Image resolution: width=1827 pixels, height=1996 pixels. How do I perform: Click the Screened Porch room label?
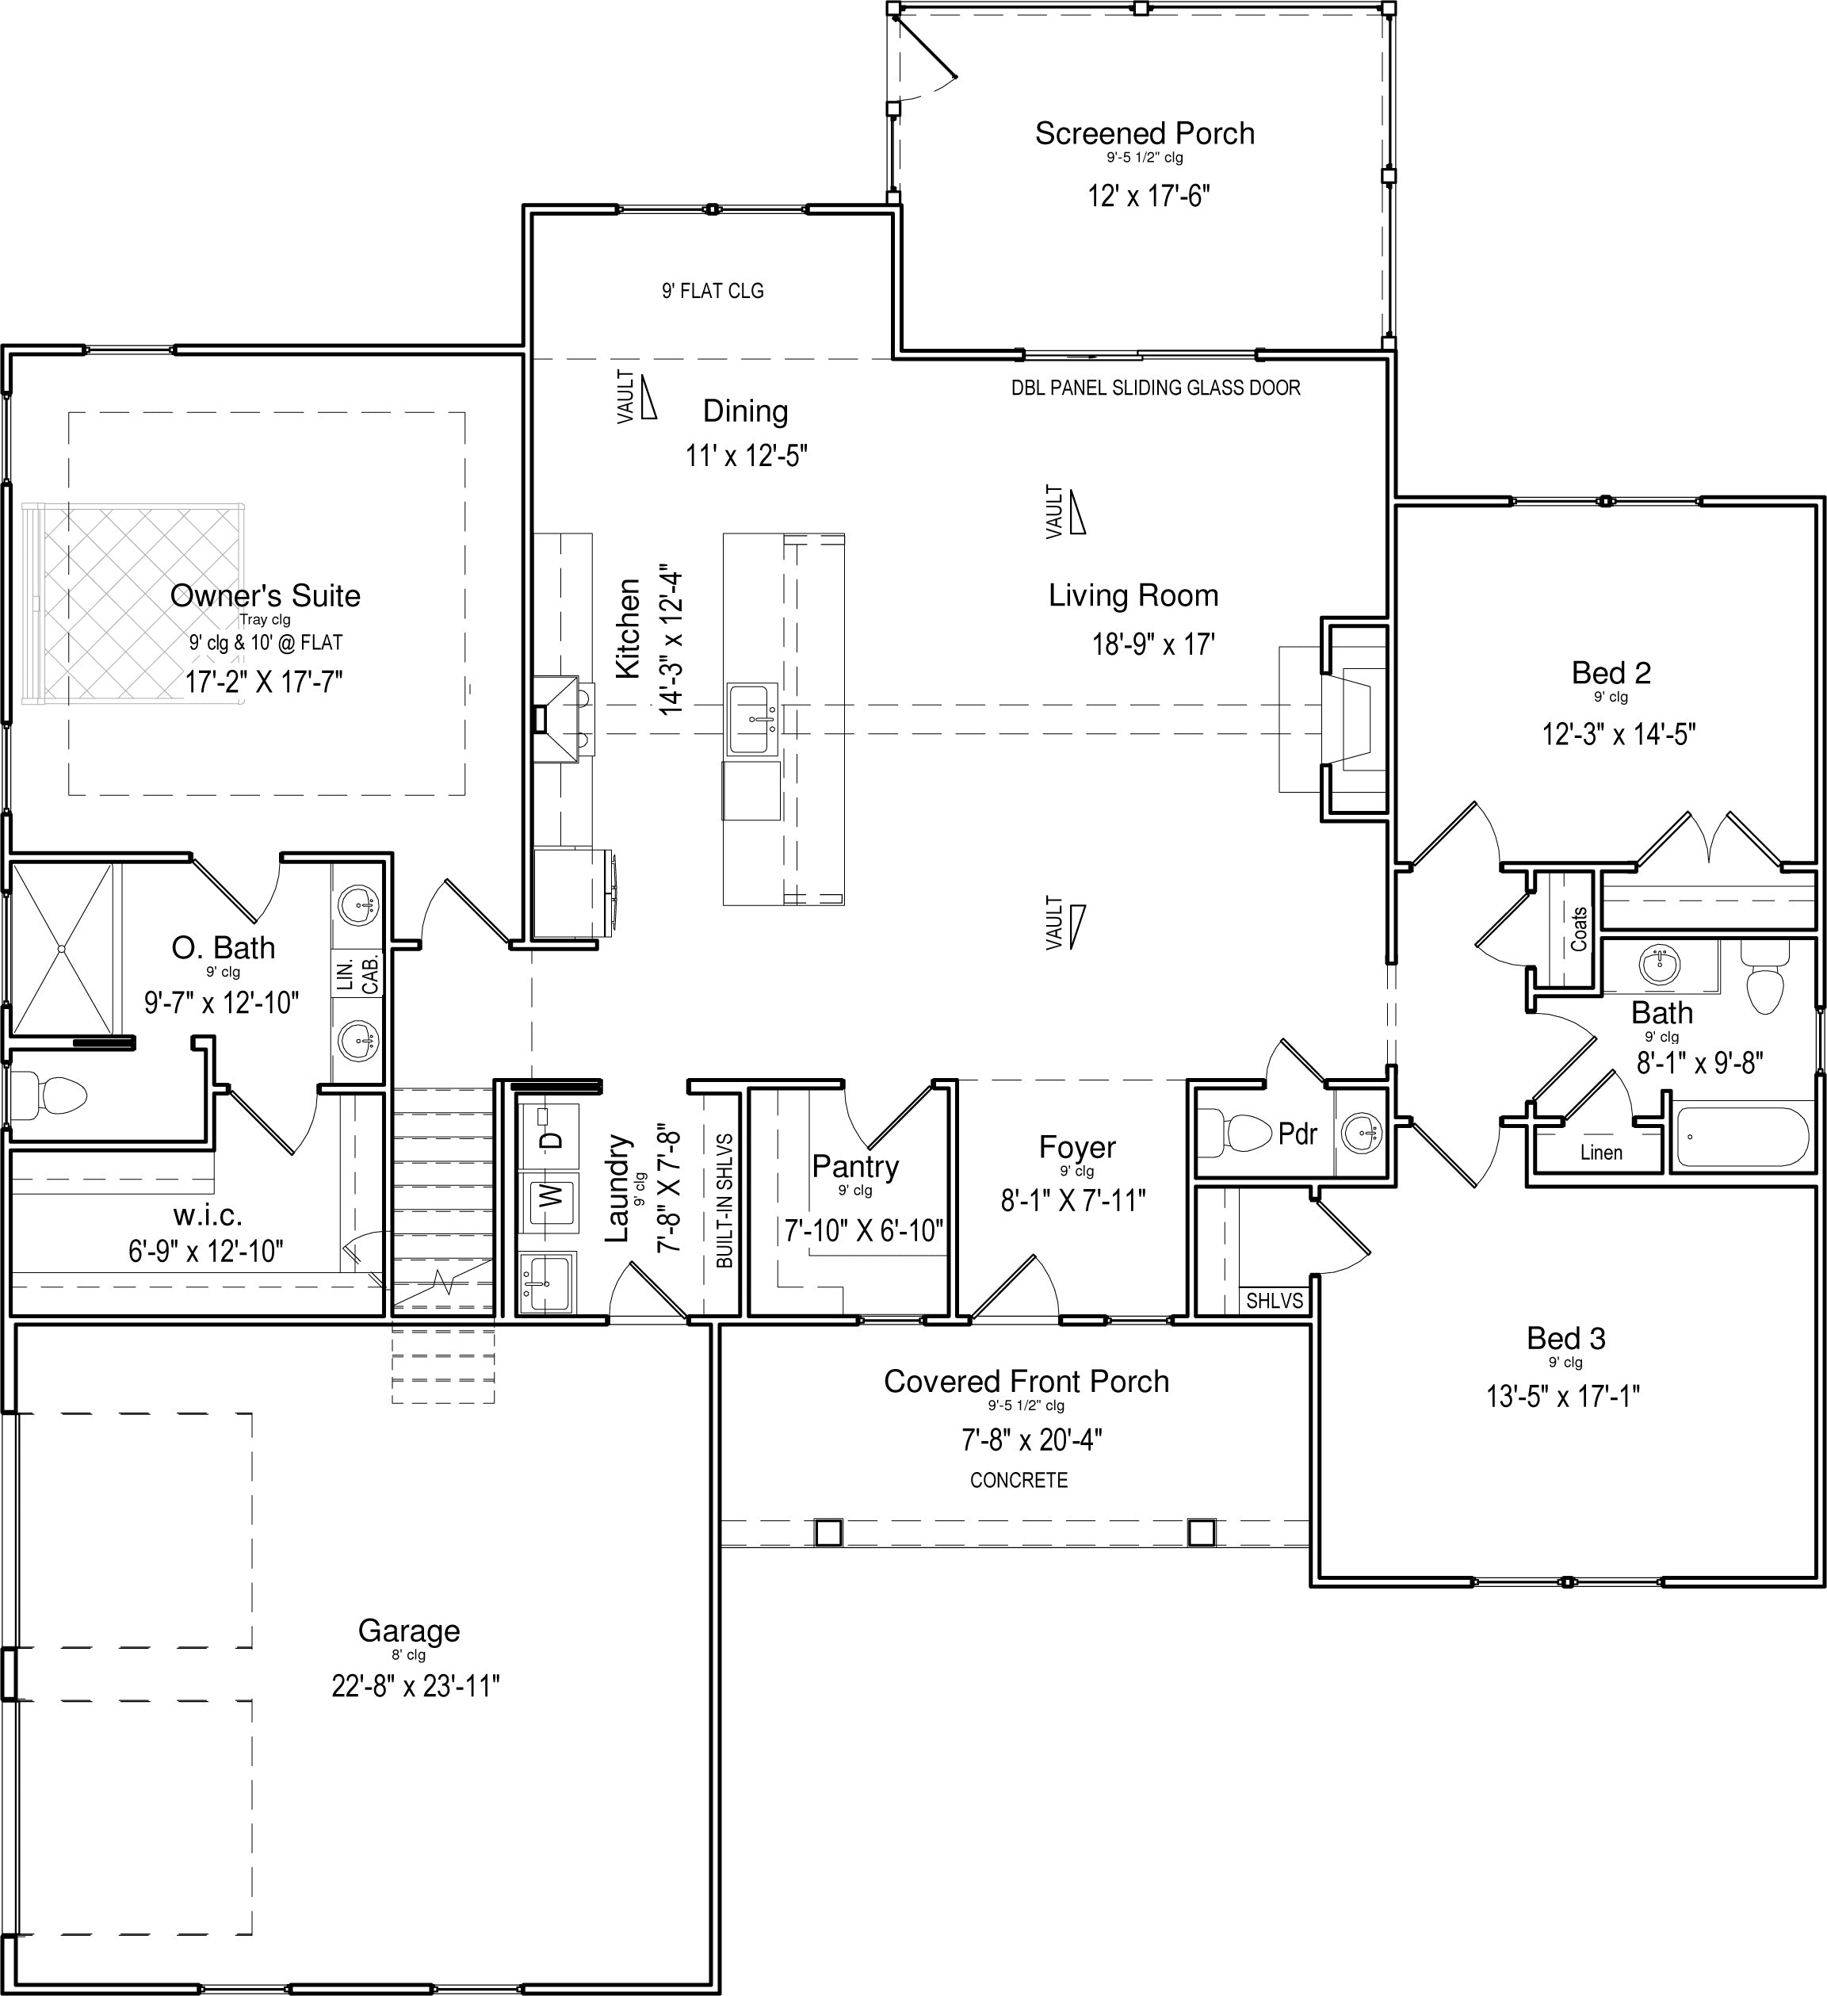pos(1145,134)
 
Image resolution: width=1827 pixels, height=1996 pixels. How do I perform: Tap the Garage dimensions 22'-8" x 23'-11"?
pos(416,1686)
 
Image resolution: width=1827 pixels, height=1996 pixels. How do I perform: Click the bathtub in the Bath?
pos(1742,1138)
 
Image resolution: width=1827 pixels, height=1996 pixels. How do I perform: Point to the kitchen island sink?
pos(752,719)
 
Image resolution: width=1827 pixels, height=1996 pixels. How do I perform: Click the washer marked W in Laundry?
pos(552,1196)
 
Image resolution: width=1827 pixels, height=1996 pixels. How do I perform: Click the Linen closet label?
pos(1601,1153)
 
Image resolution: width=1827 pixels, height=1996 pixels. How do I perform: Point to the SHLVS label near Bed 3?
pos(1275,1300)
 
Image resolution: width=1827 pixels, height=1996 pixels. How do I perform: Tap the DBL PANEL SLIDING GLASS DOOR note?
pos(1156,388)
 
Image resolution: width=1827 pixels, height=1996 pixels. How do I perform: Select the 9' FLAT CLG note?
pos(713,291)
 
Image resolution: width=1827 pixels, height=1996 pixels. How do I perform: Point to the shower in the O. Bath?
pos(61,949)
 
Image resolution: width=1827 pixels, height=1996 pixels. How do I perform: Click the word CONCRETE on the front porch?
pos(1019,1480)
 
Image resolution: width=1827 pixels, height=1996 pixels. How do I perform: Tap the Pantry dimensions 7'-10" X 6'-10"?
pos(863,1231)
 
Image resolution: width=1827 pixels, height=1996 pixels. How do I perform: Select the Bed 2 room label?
pos(1611,673)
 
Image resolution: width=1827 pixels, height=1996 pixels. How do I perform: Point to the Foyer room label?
pos(1077,1148)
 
